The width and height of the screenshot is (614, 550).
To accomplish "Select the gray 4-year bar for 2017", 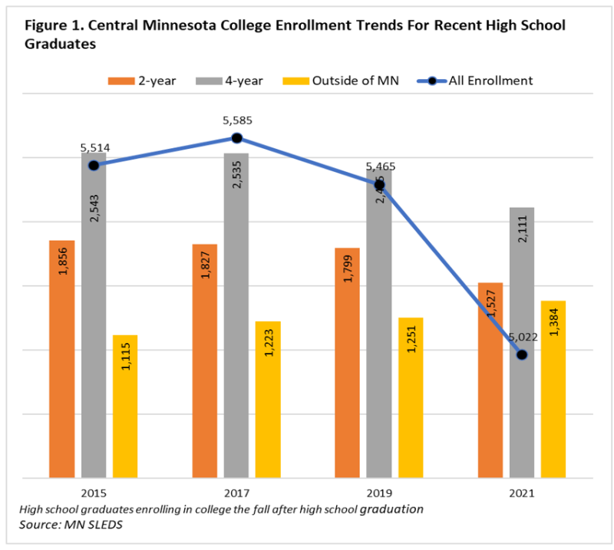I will pyautogui.click(x=236, y=315).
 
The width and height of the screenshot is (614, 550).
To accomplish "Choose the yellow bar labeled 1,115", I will pyautogui.click(x=125, y=407).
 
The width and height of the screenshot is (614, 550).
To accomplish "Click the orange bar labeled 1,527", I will pyautogui.click(x=490, y=380).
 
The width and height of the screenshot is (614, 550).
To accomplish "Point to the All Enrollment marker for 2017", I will pyautogui.click(x=236, y=138).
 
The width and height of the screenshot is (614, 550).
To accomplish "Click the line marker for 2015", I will pyautogui.click(x=94, y=165).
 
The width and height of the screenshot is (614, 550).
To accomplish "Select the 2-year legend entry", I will pyautogui.click(x=143, y=81).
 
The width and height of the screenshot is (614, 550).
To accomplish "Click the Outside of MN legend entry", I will pyautogui.click(x=341, y=81).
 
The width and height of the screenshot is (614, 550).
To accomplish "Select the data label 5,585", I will pyautogui.click(x=236, y=120).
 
